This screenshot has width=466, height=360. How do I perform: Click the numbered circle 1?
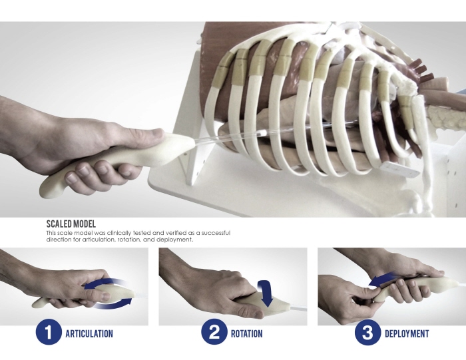click(x=49, y=333)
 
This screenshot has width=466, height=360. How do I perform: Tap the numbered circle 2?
click(x=214, y=333)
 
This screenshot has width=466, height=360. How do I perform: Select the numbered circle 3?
click(x=367, y=333)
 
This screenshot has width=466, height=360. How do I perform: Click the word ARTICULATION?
click(x=89, y=333)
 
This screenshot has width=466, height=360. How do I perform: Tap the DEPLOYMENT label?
click(x=407, y=333)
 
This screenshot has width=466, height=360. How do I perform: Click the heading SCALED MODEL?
click(x=71, y=224)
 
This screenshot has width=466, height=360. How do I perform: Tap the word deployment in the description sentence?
click(x=175, y=240)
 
